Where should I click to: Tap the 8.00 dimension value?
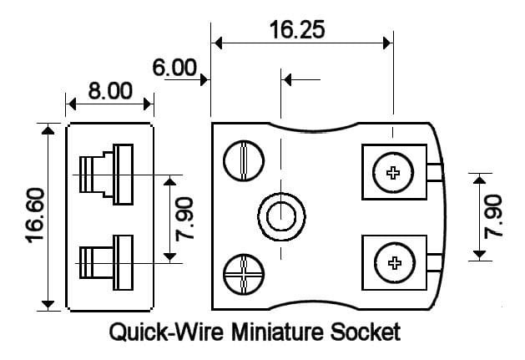110,90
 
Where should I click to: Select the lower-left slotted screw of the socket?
241,273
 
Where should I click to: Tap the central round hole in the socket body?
280,215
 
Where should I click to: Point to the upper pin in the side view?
104,174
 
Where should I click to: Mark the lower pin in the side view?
104,262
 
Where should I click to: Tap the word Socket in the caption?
367,333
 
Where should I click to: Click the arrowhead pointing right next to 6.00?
204,79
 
